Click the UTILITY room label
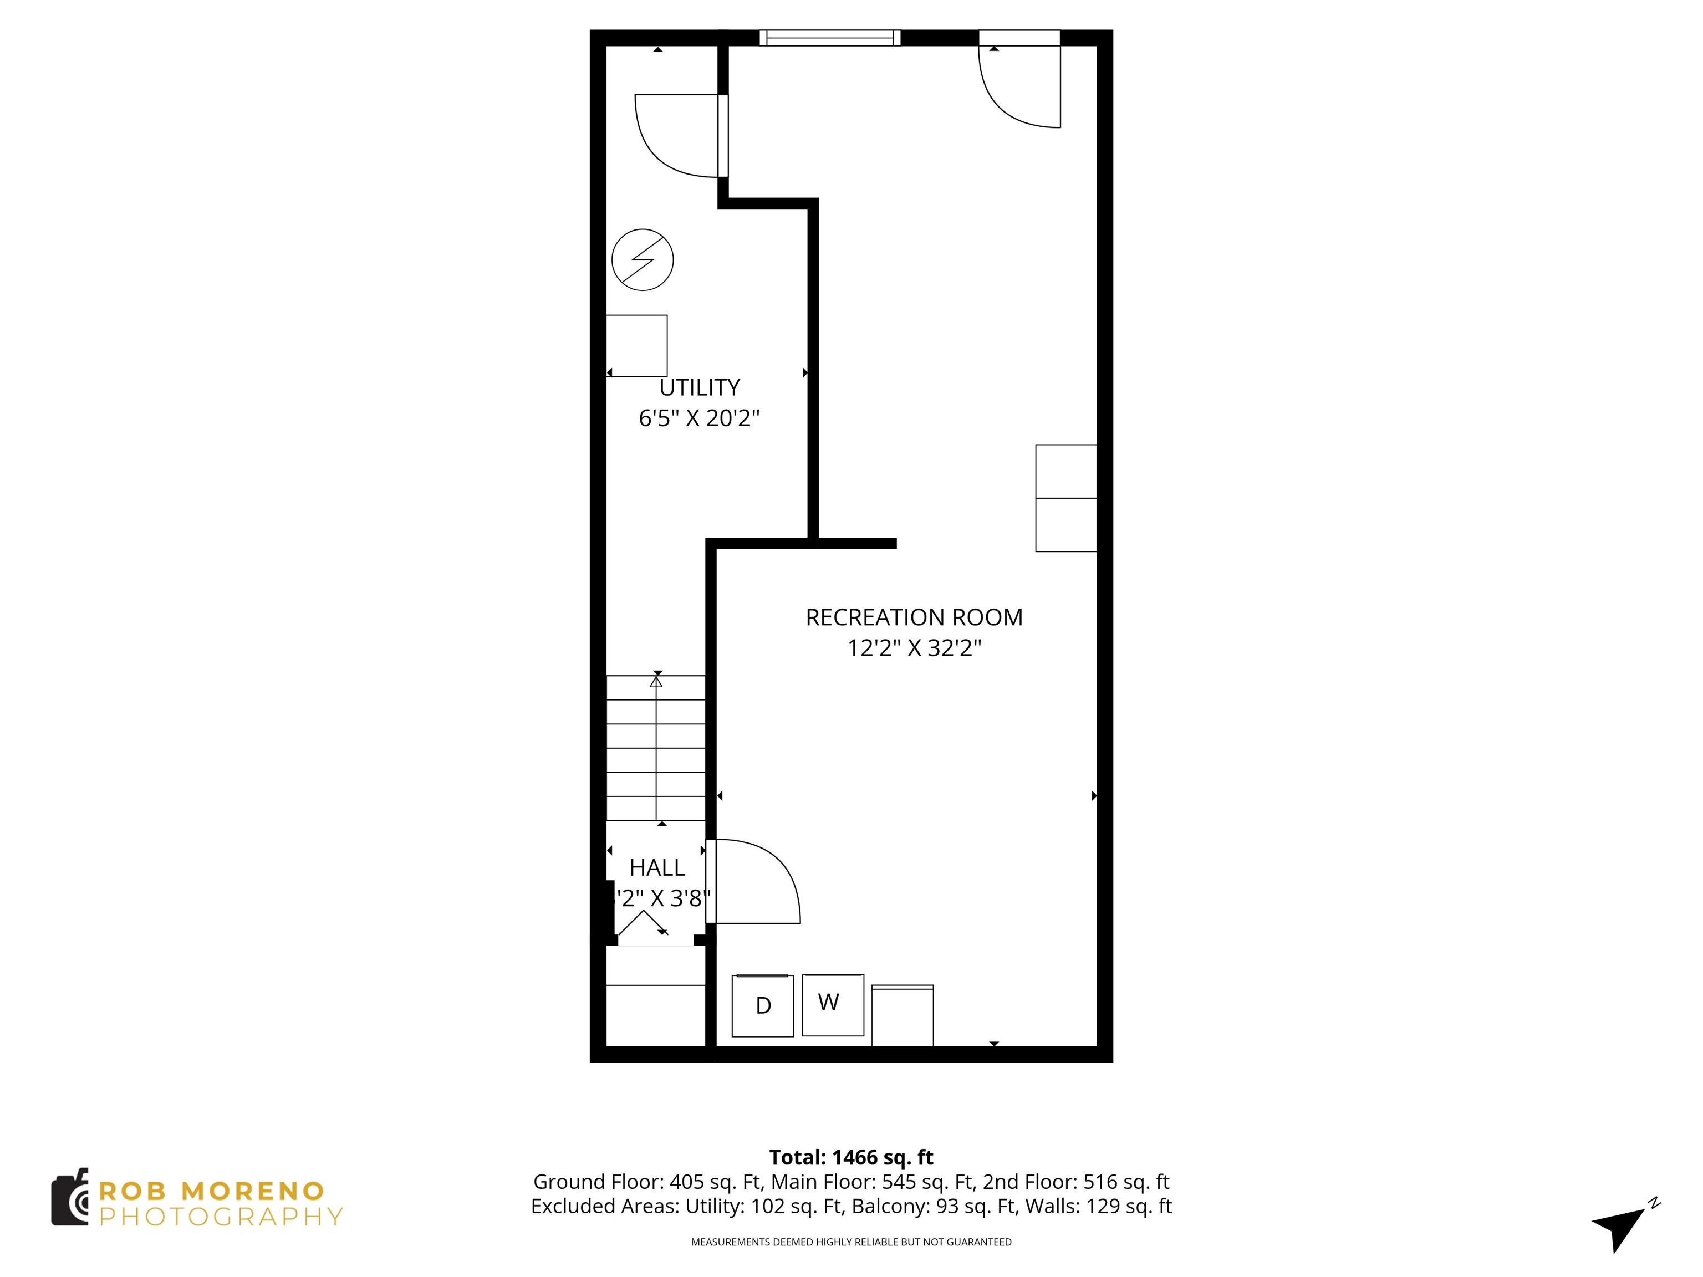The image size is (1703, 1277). click(x=699, y=387)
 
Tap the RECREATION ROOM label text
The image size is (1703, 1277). click(x=914, y=617)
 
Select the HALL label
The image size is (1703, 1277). click(x=657, y=867)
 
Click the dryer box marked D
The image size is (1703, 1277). click(x=762, y=1005)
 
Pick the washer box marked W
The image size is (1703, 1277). click(x=832, y=1004)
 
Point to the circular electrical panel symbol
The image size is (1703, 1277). click(x=642, y=259)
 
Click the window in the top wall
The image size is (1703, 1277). click(x=829, y=38)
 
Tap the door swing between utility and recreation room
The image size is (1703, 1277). click(x=677, y=136)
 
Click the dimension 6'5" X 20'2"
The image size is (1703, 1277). click(x=699, y=418)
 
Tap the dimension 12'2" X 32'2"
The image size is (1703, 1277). click(x=914, y=648)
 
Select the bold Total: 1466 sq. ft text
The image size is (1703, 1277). click(x=851, y=1157)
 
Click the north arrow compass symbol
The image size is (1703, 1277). click(x=1620, y=1225)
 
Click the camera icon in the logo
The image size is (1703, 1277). click(x=69, y=1198)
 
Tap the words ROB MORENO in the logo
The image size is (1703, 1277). click(x=212, y=1191)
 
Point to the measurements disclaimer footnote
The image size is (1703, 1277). click(x=851, y=1242)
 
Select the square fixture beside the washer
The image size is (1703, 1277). click(x=903, y=1016)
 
